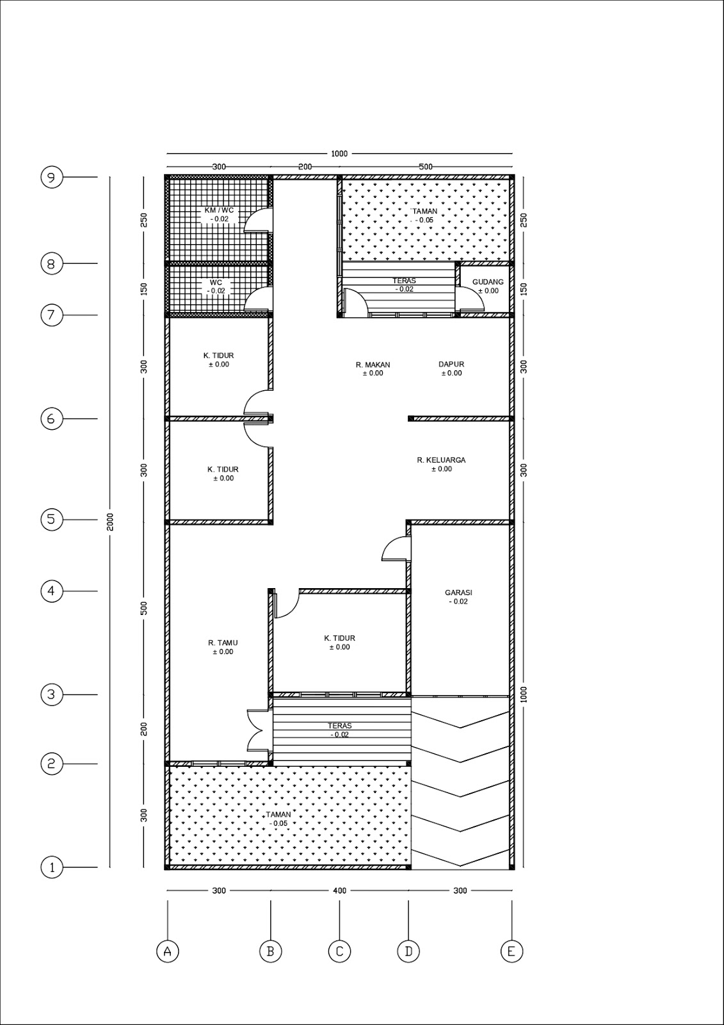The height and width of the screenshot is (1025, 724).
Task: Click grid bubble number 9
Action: pyautogui.click(x=52, y=177)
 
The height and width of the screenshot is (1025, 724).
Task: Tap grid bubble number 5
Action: pyautogui.click(x=52, y=519)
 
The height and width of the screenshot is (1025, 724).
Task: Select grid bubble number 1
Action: pyautogui.click(x=52, y=867)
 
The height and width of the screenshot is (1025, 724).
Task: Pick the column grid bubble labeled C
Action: pyautogui.click(x=339, y=951)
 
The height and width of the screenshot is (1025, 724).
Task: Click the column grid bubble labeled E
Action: pyautogui.click(x=511, y=951)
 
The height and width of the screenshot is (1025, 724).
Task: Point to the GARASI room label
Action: pyautogui.click(x=458, y=593)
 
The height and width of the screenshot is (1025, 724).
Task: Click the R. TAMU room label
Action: pyautogui.click(x=223, y=643)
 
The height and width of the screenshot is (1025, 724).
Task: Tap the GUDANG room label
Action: pyautogui.click(x=488, y=282)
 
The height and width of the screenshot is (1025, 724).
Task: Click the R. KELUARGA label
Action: pyautogui.click(x=441, y=460)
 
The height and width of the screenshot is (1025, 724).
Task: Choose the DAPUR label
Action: pyautogui.click(x=451, y=364)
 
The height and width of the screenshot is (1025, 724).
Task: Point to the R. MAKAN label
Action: pyautogui.click(x=373, y=365)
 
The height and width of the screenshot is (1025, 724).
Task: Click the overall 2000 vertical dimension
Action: pyautogui.click(x=110, y=521)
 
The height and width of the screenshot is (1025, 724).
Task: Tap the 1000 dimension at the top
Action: pyautogui.click(x=339, y=153)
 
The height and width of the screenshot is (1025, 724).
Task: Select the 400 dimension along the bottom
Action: pyautogui.click(x=339, y=890)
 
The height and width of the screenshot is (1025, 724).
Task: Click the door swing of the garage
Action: pyautogui.click(x=394, y=548)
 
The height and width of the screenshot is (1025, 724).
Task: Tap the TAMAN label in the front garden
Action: pyautogui.click(x=278, y=815)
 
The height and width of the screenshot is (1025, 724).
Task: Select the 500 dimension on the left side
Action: pyautogui.click(x=145, y=607)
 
